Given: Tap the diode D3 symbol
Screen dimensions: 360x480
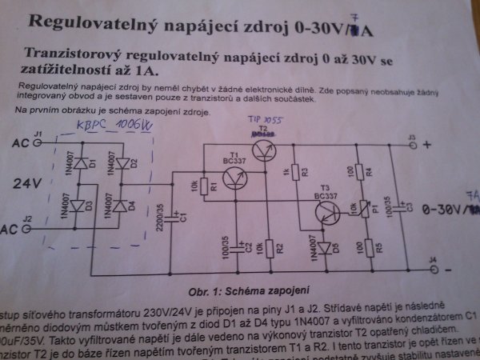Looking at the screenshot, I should [78, 207].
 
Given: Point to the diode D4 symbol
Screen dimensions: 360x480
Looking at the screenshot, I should [122, 206].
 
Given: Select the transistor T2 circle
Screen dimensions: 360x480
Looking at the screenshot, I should [263, 148].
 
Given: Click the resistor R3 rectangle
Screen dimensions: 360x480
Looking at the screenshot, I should [294, 172].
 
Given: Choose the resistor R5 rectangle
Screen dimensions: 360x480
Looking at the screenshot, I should [367, 246].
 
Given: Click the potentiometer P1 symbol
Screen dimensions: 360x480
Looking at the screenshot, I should [367, 208].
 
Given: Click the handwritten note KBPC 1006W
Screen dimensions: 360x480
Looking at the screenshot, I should [113, 127].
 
